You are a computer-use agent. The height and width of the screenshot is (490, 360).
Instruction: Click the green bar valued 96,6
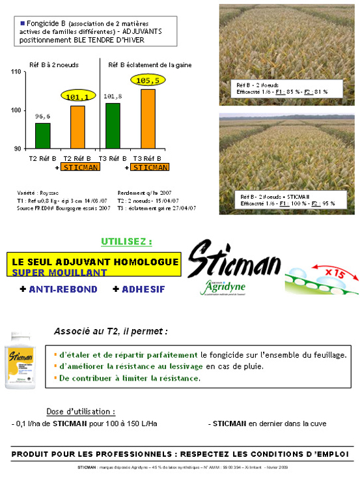click(x=42, y=136)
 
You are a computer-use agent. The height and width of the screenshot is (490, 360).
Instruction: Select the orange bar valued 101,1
click(x=77, y=127)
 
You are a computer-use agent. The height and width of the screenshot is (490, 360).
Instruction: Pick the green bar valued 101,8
click(x=113, y=126)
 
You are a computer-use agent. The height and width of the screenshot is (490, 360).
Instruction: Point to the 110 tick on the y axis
click(x=16, y=71)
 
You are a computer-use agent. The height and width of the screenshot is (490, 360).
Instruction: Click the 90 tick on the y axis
click(x=17, y=149)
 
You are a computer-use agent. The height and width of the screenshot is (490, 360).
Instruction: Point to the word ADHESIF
click(x=143, y=289)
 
